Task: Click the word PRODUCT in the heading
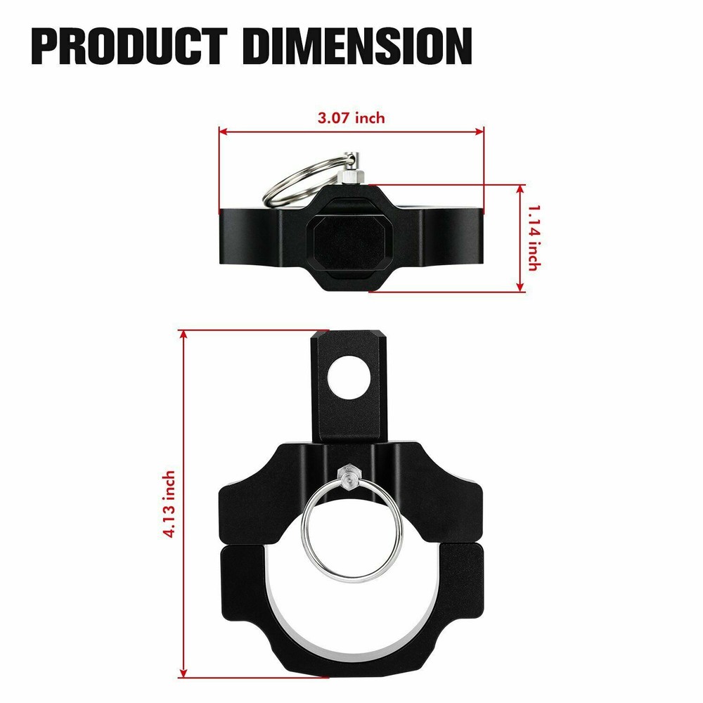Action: [x=130, y=46]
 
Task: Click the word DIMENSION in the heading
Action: [x=359, y=46]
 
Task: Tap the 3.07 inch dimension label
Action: [x=351, y=118]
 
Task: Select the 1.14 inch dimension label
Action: [x=534, y=238]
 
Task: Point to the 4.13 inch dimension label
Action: [x=169, y=504]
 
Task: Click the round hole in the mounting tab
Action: [x=349, y=378]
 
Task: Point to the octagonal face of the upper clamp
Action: [x=351, y=242]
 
